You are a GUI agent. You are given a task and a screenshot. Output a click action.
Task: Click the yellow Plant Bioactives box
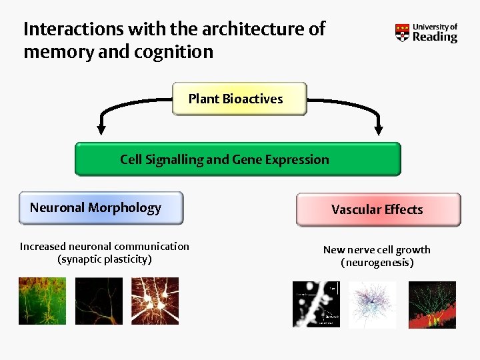tap(239, 99)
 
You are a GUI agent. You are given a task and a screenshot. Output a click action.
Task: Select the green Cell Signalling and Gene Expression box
tap(237, 159)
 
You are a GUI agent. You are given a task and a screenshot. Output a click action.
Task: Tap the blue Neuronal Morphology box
tap(101, 208)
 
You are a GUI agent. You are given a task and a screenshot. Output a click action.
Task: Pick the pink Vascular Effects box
tap(378, 209)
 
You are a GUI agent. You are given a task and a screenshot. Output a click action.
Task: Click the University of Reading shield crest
tap(402, 32)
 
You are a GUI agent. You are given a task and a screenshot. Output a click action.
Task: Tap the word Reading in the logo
tap(435, 37)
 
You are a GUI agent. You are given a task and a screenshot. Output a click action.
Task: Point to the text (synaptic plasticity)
tap(105, 259)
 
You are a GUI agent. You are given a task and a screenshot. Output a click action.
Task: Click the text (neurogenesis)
tap(377, 263)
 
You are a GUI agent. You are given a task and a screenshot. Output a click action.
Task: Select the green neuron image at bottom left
tap(43, 301)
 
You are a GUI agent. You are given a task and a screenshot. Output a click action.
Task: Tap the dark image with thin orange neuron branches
tap(99, 301)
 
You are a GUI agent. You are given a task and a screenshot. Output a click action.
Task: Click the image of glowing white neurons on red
tap(155, 301)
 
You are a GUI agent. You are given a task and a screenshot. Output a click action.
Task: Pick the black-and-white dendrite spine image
tap(317, 304)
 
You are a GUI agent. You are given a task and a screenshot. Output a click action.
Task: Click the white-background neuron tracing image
tap(373, 304)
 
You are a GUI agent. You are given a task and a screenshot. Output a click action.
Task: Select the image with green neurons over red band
tap(432, 304)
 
